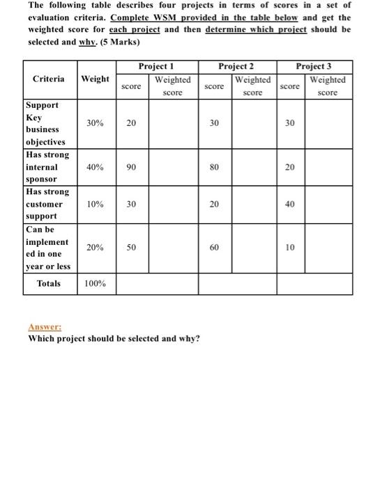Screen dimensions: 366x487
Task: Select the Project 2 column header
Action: coord(236,66)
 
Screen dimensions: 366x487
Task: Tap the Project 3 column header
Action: coord(314,66)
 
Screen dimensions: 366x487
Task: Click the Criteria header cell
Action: coord(49,79)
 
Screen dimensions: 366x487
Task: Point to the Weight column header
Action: coord(95,79)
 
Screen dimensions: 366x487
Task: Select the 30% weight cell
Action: coord(96,122)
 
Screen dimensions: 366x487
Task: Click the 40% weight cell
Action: coord(96,167)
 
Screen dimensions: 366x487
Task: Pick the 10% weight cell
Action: coord(96,205)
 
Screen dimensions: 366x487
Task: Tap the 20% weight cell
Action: coord(96,248)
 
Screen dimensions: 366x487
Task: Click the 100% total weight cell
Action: coord(96,284)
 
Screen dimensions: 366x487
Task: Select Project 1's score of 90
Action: coord(131,167)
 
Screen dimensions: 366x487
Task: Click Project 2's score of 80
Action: coord(214,167)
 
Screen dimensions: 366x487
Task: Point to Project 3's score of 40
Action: coord(289,205)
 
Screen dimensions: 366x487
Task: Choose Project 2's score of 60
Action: coord(214,248)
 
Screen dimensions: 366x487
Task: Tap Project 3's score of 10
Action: coord(289,248)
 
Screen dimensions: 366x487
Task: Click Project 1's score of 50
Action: coord(131,248)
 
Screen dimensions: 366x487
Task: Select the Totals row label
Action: coord(48,284)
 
